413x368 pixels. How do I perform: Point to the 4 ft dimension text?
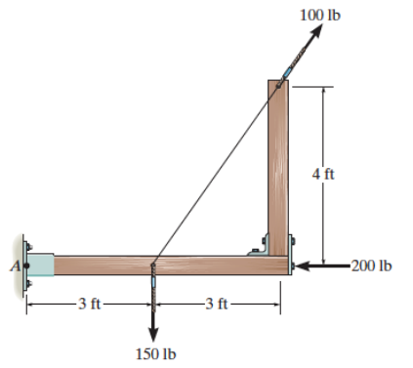coord(322,175)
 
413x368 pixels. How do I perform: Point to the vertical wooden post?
coord(278,166)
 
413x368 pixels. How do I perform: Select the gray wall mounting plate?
coord(24,263)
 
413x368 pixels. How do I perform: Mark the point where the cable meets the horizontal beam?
coord(153,262)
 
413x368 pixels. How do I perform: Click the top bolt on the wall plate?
coord(27,241)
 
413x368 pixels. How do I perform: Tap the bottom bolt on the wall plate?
coord(27,285)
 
